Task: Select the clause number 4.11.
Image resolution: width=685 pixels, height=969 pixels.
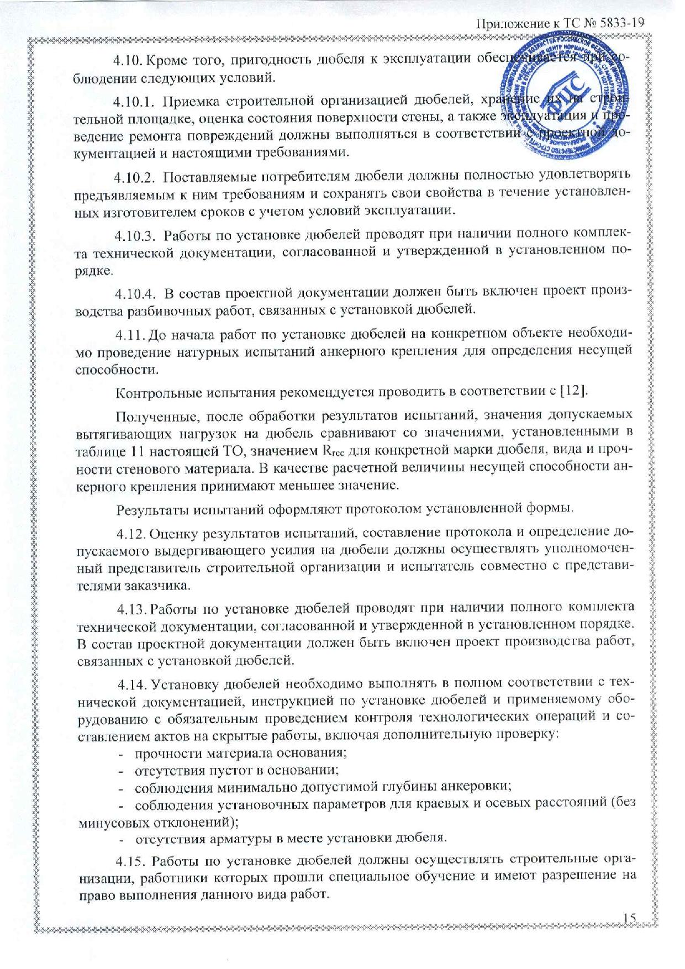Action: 130,334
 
